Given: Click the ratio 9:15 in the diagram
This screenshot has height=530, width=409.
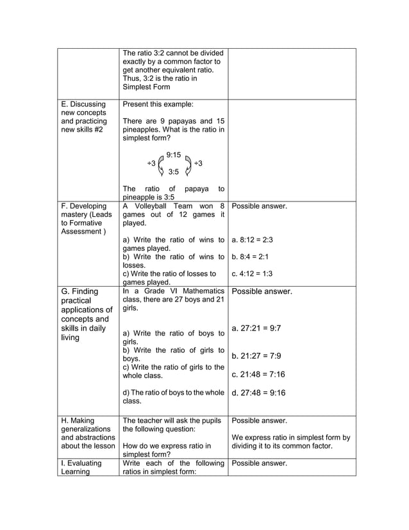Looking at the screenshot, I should [174, 155].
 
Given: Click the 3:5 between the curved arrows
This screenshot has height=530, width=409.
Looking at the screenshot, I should [174, 172].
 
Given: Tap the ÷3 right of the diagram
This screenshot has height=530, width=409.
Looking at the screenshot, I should [198, 164].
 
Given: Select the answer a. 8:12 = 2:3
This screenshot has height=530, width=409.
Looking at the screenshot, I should [253, 239].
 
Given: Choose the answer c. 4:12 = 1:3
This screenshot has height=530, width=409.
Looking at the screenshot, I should [253, 273].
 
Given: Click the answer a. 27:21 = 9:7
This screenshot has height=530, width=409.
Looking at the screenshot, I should [256, 328].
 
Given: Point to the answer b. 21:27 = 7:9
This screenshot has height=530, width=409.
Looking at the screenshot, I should [256, 355].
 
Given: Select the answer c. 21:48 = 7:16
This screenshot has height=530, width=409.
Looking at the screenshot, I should [258, 374].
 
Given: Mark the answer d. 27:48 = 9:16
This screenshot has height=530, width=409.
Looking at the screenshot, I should [258, 393].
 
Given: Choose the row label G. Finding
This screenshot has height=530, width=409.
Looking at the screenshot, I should [79, 291].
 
